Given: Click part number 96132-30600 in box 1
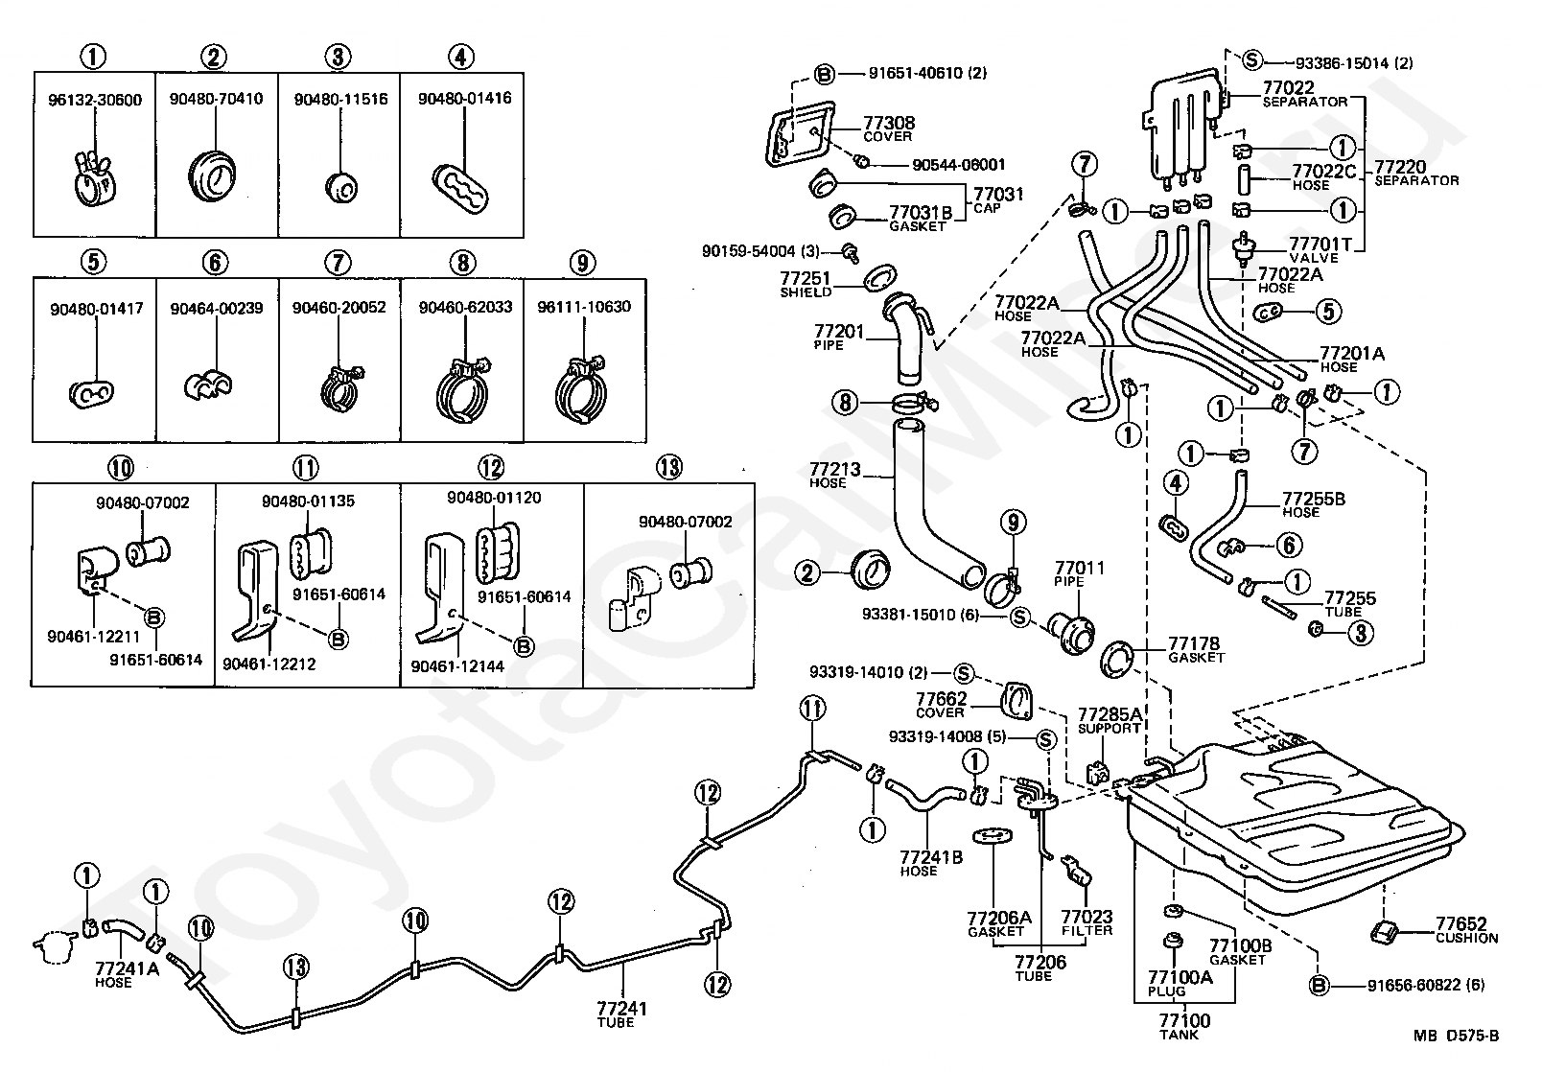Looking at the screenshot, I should coord(94,100).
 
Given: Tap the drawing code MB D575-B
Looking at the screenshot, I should coord(1455,1036).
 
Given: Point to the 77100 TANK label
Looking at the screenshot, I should coord(1184,1027).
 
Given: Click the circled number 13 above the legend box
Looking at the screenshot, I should coord(668,468).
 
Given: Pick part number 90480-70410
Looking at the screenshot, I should coord(217,100).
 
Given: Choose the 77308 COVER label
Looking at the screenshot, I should coord(888,128).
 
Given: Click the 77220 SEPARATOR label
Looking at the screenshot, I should coord(1415,173).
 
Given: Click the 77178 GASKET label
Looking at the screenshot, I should coord(1195,649).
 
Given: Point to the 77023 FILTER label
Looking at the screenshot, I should coord(1086,923).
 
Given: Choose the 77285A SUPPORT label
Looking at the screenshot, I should coord(1110,720).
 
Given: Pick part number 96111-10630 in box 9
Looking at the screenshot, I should coord(584,308).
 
